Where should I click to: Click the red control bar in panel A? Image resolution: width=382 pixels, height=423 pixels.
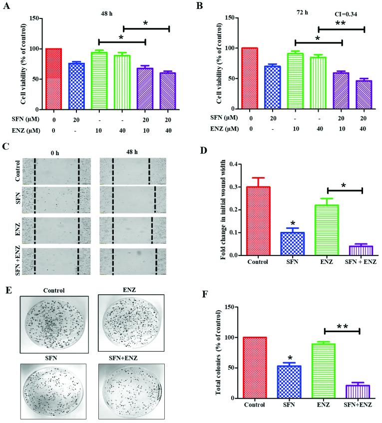tap(53, 79)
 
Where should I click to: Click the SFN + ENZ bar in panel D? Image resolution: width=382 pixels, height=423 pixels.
tap(361, 250)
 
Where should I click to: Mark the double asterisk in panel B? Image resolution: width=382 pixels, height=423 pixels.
tap(342, 24)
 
